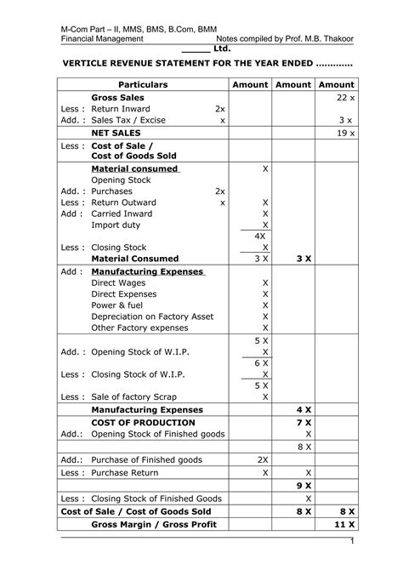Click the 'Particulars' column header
tap(142, 85)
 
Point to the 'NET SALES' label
tap(118, 134)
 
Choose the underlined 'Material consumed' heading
tap(134, 168)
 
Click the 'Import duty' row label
tap(117, 225)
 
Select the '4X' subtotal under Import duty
tap(261, 235)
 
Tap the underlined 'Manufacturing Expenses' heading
tap(147, 271)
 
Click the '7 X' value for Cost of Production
tap(304, 422)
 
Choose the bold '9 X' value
tap(304, 485)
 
